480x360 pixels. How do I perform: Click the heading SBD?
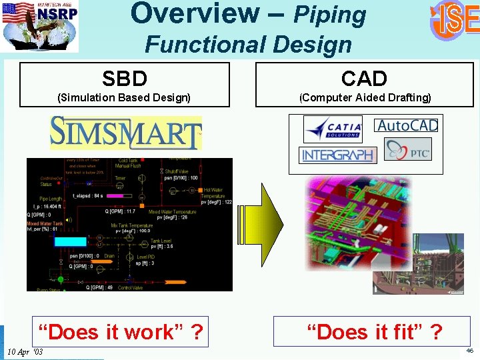(125, 79)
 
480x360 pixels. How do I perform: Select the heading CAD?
(364, 79)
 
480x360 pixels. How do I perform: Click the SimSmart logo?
(126, 133)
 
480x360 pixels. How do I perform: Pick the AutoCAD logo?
(406, 125)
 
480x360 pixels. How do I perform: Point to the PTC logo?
(408, 149)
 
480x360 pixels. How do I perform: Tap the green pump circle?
(61, 279)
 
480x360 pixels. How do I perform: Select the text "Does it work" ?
(121, 331)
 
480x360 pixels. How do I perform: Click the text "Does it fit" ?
(374, 331)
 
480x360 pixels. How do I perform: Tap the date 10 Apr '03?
(25, 351)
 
